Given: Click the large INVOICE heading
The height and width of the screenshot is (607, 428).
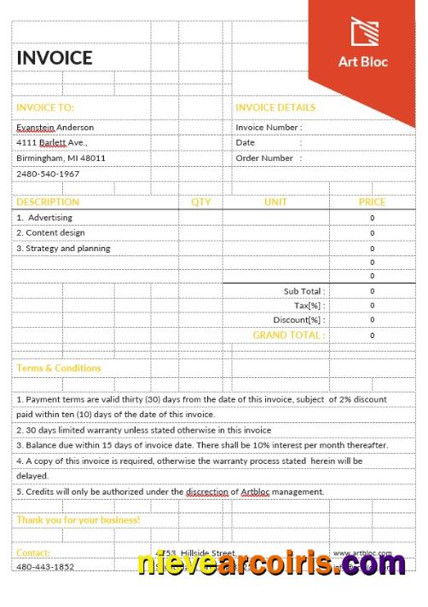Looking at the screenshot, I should point(54,58).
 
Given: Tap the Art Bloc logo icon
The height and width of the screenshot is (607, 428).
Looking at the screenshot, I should point(364,31).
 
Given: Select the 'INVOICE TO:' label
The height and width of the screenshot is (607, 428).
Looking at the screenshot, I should point(45,108).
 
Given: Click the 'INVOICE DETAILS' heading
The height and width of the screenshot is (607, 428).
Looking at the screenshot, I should point(275,108).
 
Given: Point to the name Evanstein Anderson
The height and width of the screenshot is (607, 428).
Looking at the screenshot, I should point(55,127).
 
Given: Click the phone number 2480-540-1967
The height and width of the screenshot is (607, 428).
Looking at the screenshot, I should point(48,174).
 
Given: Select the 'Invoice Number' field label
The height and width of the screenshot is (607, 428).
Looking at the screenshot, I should point(268,128).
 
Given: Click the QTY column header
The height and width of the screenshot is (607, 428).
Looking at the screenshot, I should point(200,203).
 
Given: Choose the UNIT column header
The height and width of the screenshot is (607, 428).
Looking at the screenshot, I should point(275,203).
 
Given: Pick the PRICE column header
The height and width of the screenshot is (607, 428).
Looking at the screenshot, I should point(372,203).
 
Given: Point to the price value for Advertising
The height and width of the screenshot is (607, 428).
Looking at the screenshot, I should point(372,218).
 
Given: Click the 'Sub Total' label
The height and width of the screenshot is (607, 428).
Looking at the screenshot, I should point(304,291).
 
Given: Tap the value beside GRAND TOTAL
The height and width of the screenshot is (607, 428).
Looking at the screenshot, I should point(372,335).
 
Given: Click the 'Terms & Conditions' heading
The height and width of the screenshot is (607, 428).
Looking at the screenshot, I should point(58,369).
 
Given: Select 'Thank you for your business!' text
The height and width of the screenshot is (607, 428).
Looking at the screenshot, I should point(78,519).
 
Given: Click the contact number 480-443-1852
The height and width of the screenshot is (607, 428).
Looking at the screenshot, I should point(45,567).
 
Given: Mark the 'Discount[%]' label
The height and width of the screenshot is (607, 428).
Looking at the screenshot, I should point(298,320).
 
